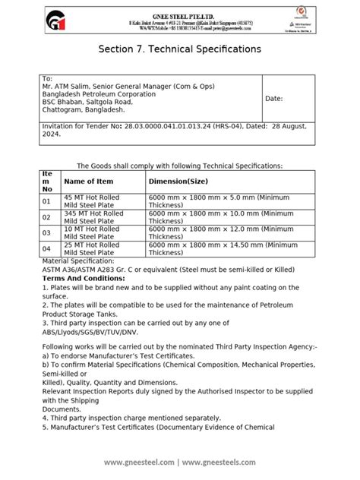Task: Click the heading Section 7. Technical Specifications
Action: [x=180, y=49]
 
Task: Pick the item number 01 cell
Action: [x=46, y=201]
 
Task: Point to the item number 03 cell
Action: [x=46, y=232]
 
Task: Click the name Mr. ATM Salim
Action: [x=68, y=86]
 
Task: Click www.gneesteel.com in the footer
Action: [x=139, y=463]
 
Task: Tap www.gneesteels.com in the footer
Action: [x=221, y=463]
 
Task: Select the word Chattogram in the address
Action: [x=65, y=110]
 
